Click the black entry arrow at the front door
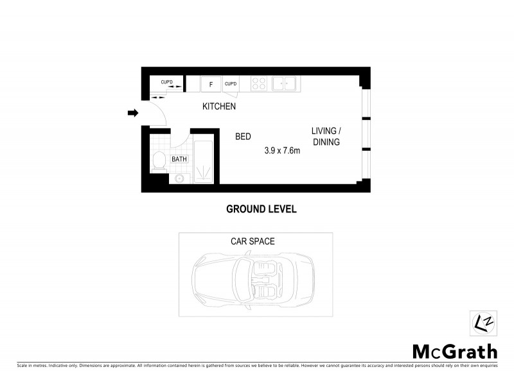coord(133,114)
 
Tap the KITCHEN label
coord(219,107)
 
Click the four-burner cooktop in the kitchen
coord(258,83)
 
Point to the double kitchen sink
coord(283,83)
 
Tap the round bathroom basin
coord(180,178)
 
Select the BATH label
coord(179,159)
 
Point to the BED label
coord(243,137)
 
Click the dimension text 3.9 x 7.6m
coord(283,151)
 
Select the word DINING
coord(326,142)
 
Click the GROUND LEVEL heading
coord(261,209)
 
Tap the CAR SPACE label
coord(253,241)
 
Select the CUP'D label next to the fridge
coord(231,83)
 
